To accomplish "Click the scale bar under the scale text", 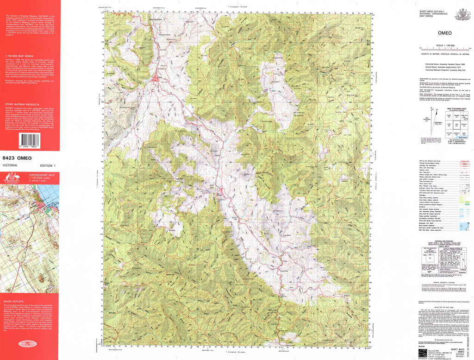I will click(444, 49).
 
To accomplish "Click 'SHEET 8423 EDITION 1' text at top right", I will click(432, 10).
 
